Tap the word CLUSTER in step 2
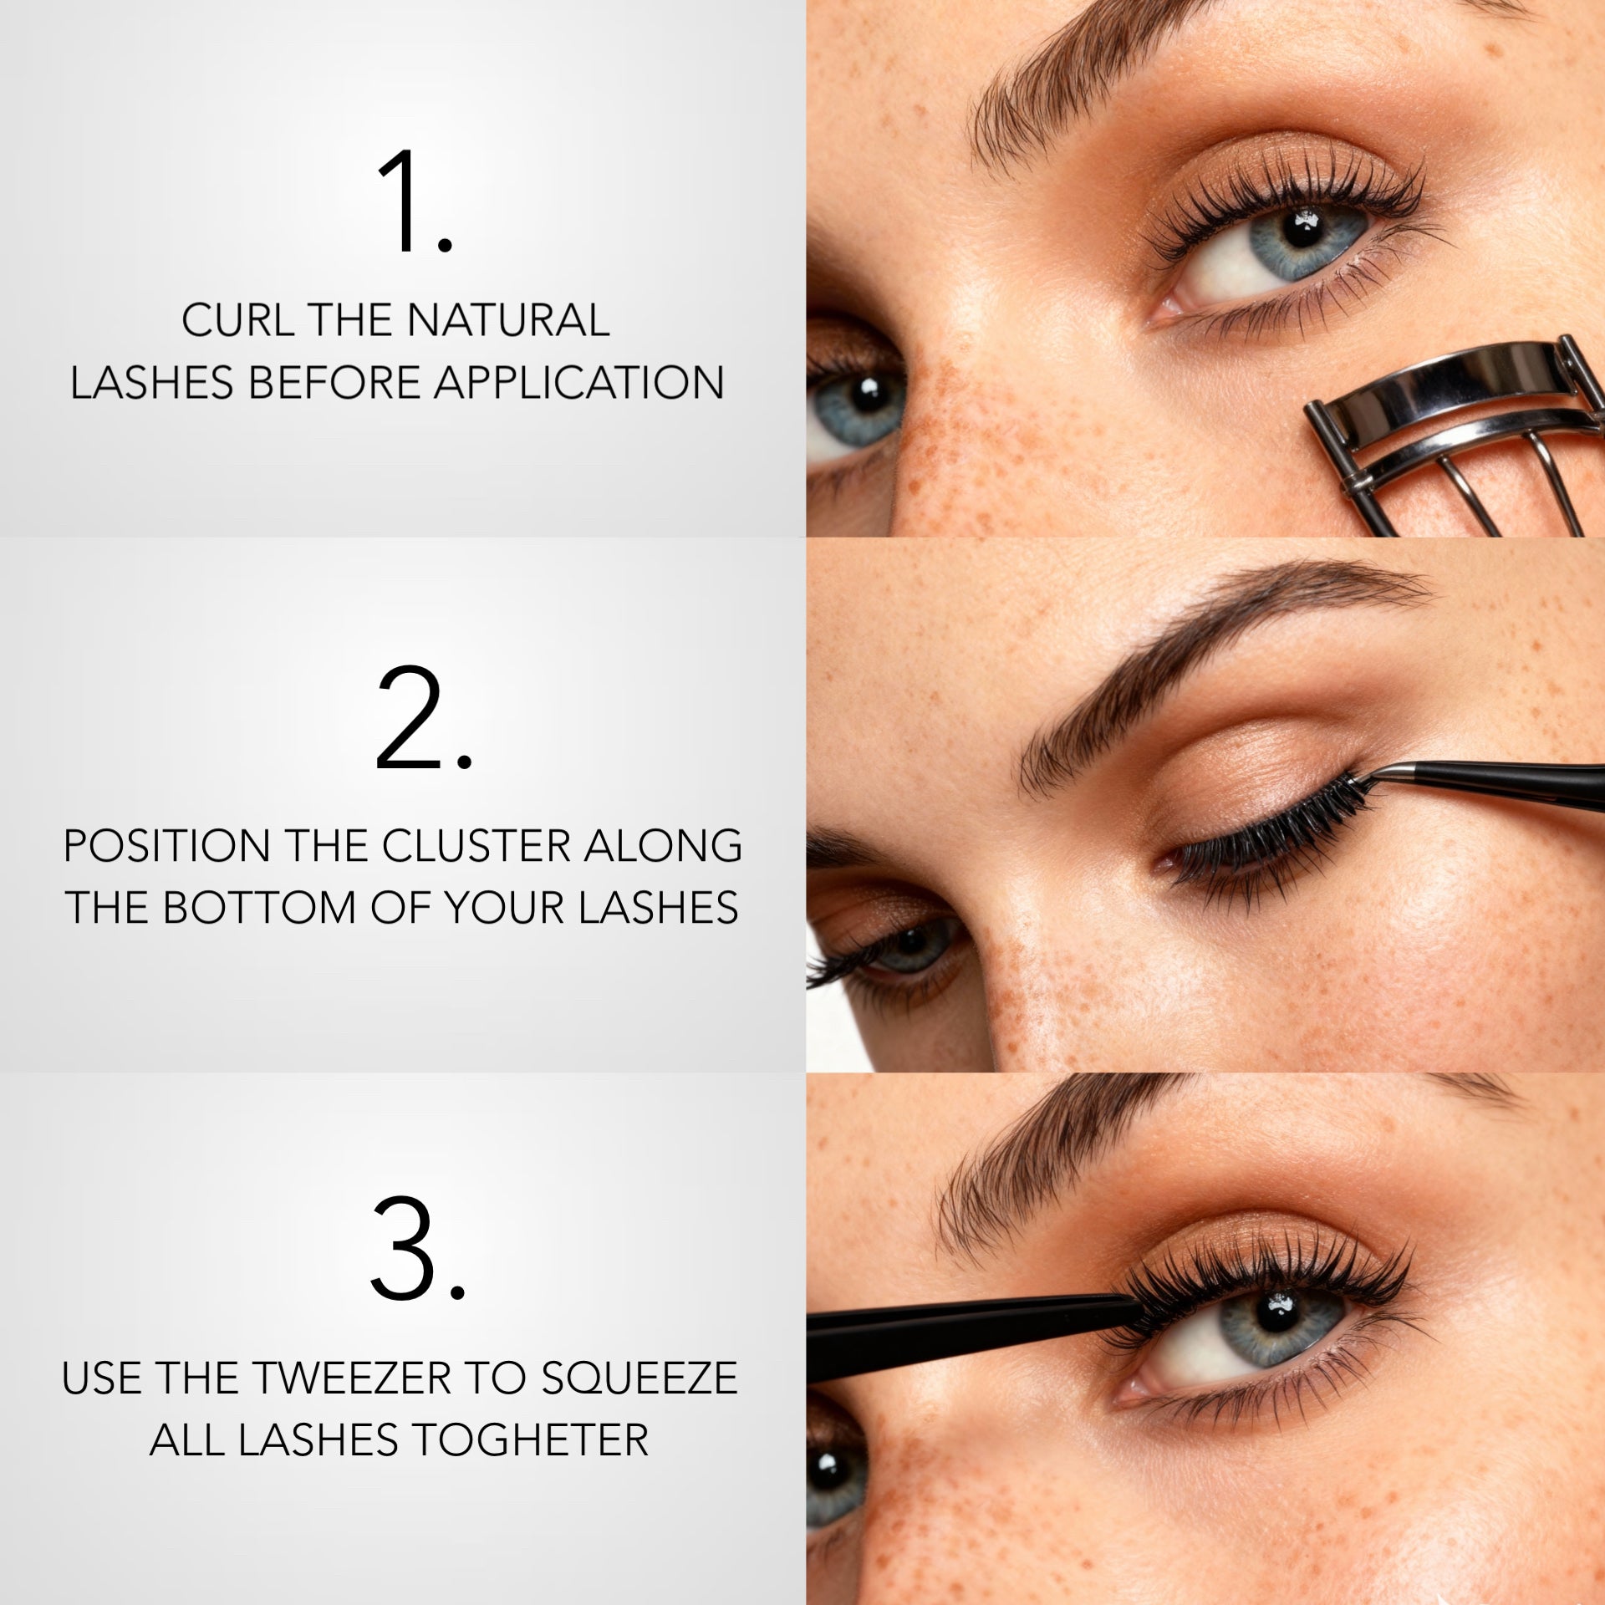(x=478, y=846)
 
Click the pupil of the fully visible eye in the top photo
(x=1298, y=227)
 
